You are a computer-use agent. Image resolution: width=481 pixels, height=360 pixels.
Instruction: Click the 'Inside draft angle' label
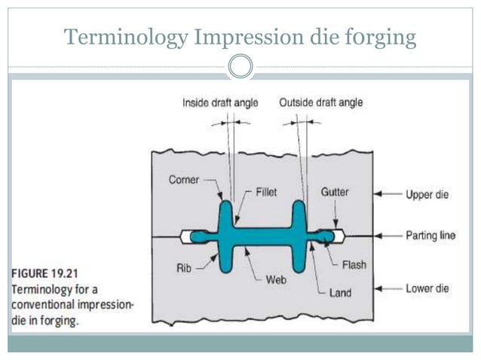tap(220, 103)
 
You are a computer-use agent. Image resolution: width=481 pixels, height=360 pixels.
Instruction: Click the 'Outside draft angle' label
tap(320, 103)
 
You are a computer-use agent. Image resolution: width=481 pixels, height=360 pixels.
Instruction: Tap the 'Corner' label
tap(184, 179)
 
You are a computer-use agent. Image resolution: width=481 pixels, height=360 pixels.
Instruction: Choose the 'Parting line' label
tap(430, 235)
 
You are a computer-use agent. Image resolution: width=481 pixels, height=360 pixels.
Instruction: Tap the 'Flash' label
tap(354, 264)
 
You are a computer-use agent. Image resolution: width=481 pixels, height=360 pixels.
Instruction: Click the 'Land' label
tap(341, 291)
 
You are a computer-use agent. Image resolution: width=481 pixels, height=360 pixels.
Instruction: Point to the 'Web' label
tap(276, 279)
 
